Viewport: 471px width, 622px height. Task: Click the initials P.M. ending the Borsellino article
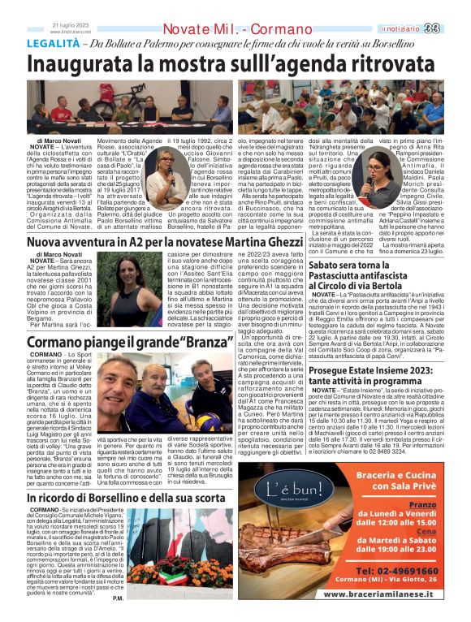coord(119,598)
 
